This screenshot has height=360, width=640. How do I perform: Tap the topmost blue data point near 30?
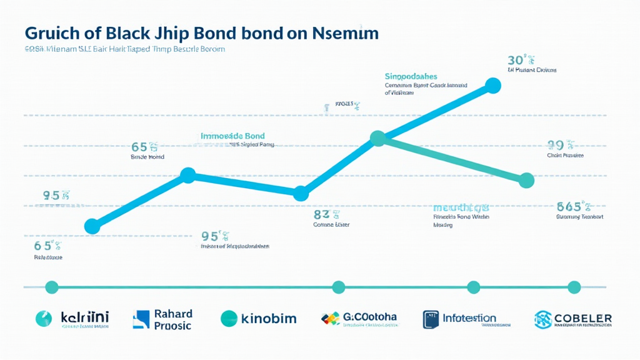click(493, 86)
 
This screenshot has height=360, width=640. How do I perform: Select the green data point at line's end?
click(527, 181)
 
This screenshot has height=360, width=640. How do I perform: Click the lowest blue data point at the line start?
click(92, 226)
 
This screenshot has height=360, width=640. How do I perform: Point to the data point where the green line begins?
click(377, 139)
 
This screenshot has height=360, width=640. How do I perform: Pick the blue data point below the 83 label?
click(301, 194)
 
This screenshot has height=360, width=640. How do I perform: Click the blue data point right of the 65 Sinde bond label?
click(189, 176)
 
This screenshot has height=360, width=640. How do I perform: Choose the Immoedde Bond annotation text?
click(232, 136)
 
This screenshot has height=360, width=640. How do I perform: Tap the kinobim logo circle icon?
click(230, 319)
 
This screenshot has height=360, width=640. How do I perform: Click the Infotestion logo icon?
click(431, 319)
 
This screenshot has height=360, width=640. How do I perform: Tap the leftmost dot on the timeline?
click(52, 287)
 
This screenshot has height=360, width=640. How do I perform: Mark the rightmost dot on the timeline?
click(574, 287)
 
